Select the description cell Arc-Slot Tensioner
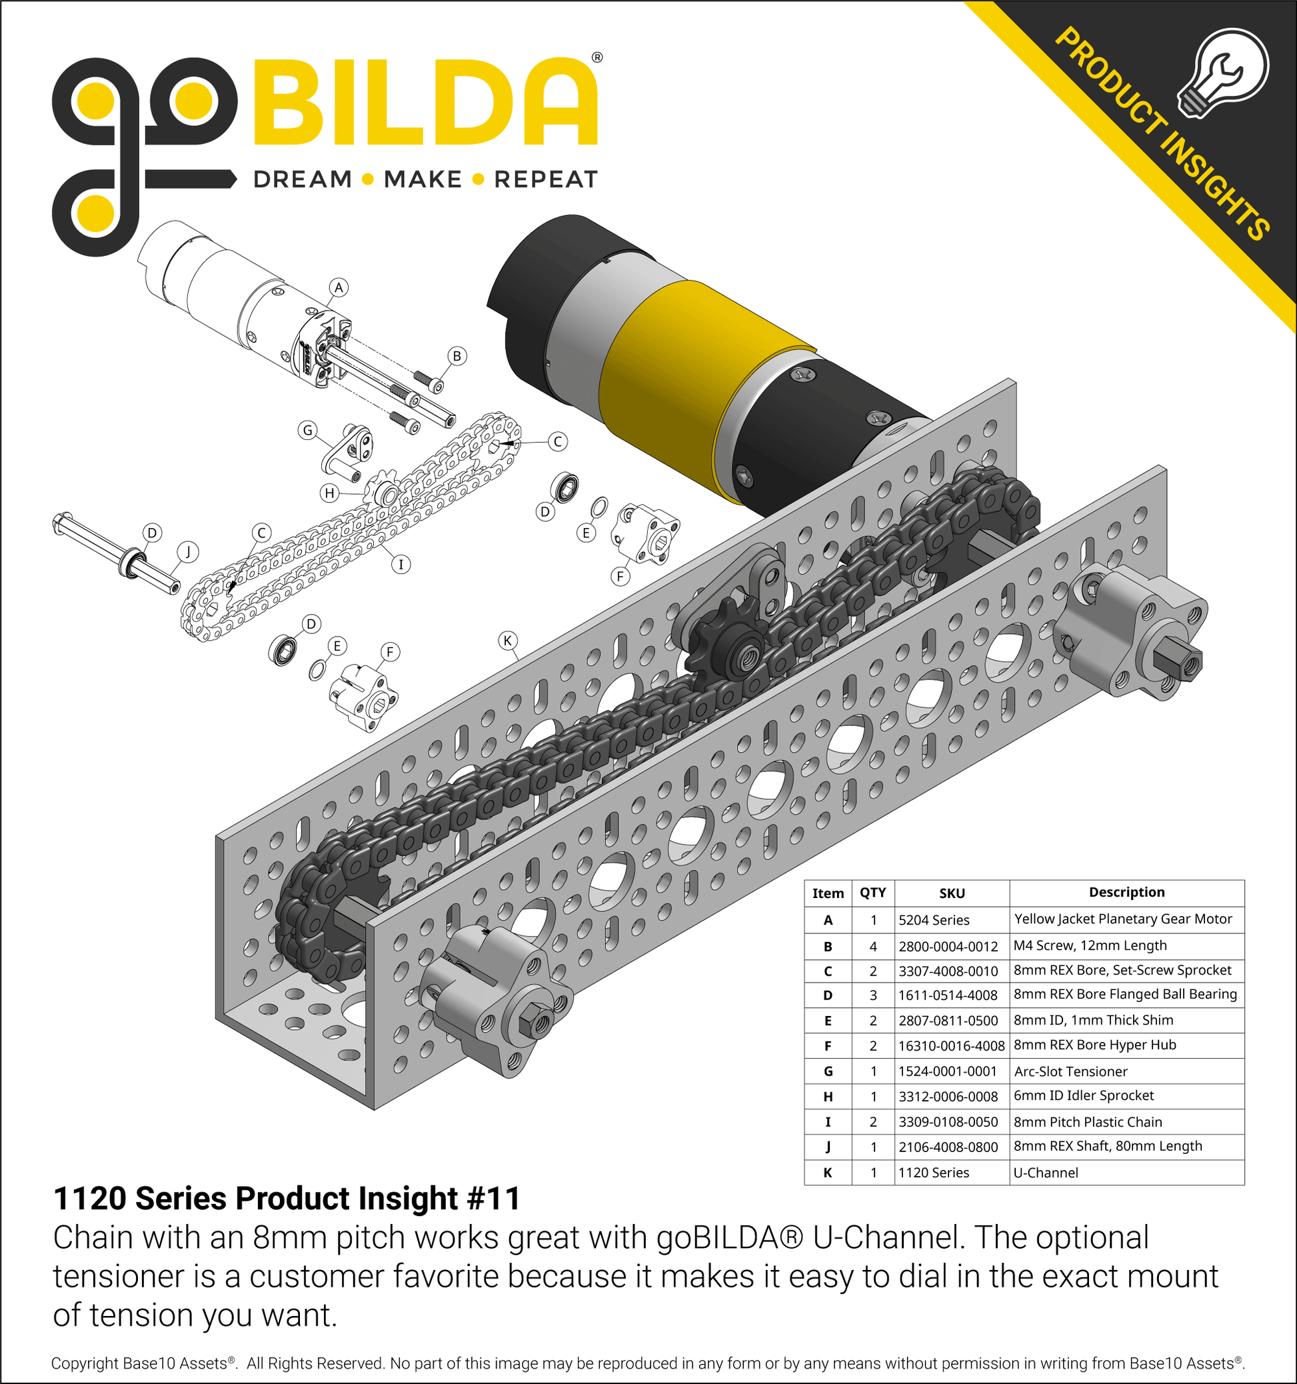pos(1070,1071)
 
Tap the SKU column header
pos(952,893)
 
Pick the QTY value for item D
pos(873,995)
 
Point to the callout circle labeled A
pos(338,287)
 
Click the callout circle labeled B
pos(457,357)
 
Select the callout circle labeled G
pos(307,430)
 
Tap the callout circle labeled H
pos(329,493)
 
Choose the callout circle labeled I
pos(400,564)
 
